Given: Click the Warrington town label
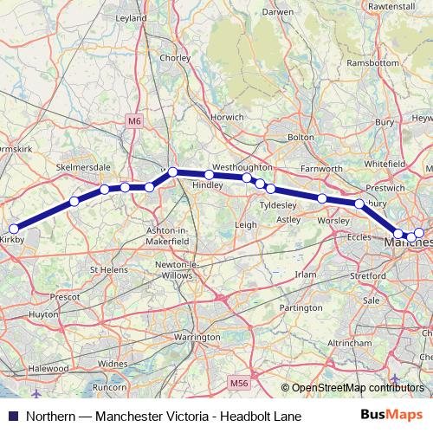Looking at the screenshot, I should pos(197,336).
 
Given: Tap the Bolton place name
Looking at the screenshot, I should pos(301,137).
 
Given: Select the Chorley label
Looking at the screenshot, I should pos(174,59).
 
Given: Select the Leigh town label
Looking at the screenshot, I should pos(246,224).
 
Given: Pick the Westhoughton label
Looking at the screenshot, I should pos(242,165).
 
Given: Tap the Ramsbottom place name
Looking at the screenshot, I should pos(371,62).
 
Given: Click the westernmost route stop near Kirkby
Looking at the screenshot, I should pos(13,229).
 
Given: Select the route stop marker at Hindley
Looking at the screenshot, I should pos(210,175).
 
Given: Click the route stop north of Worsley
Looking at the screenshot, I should pos(322,199).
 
